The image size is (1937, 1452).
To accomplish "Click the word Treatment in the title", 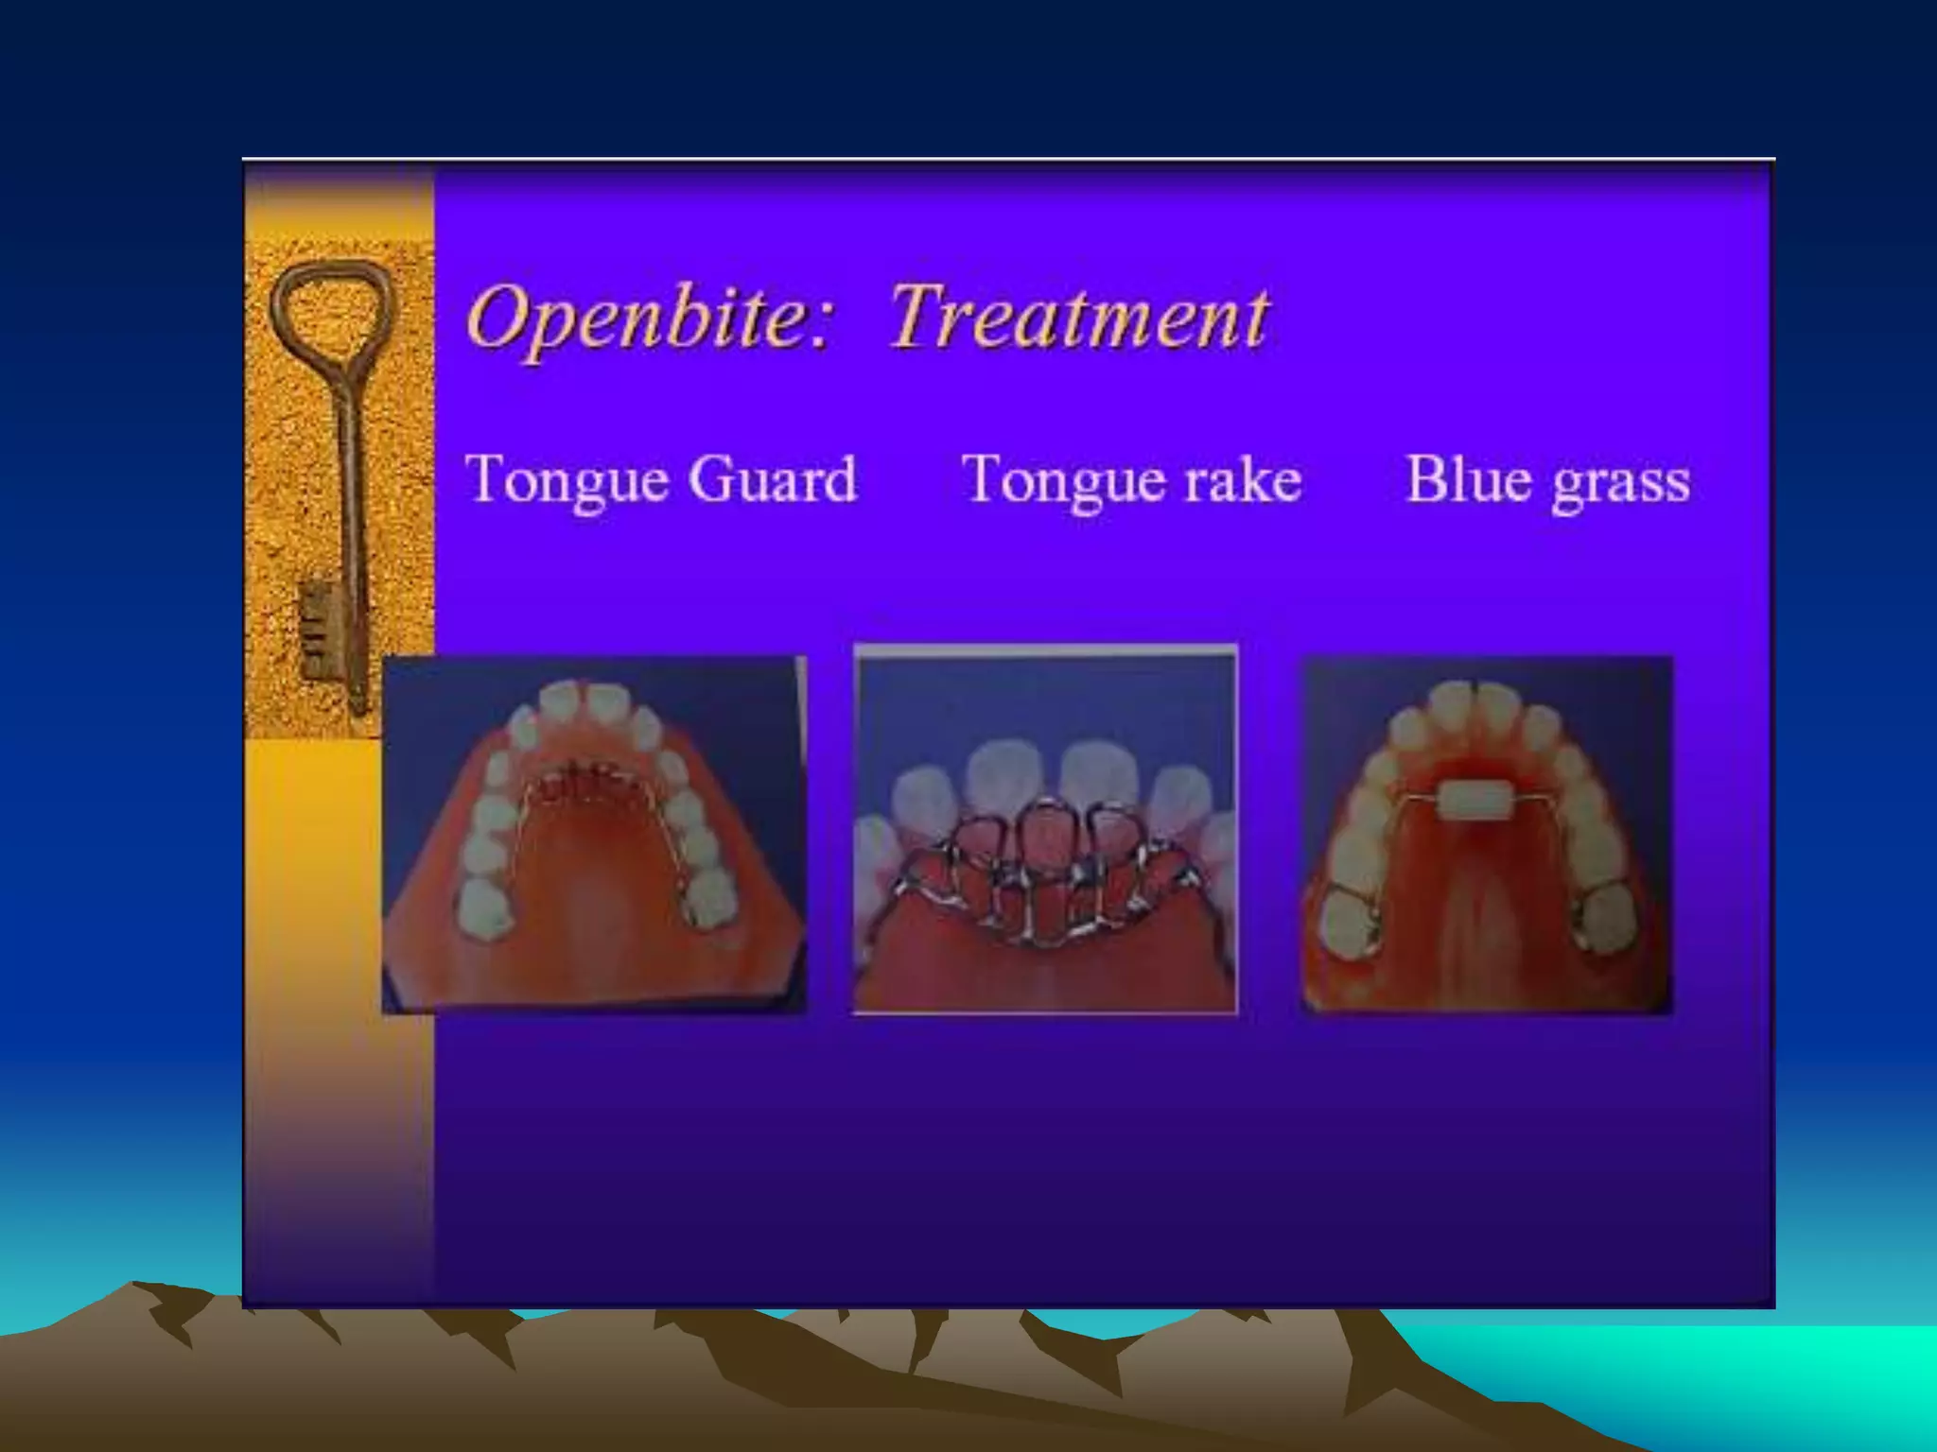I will (x=1078, y=318).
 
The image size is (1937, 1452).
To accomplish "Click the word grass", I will (x=1621, y=482).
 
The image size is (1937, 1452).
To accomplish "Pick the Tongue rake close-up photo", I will (x=1045, y=830).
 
